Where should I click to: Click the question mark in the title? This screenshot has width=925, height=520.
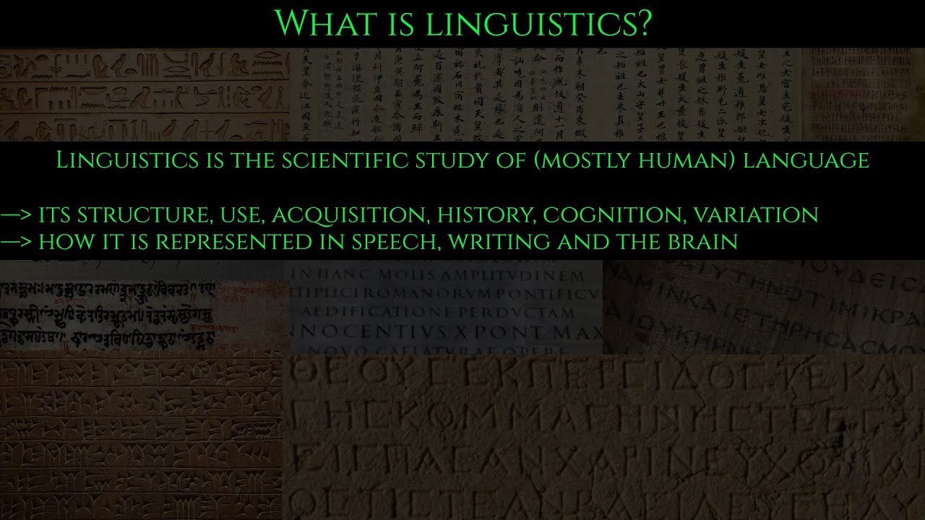point(642,23)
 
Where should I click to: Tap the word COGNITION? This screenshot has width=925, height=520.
point(614,214)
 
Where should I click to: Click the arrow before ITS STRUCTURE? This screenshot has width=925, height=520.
point(16,214)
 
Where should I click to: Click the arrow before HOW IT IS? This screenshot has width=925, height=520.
point(16,242)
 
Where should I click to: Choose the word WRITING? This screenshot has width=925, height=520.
point(492,242)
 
